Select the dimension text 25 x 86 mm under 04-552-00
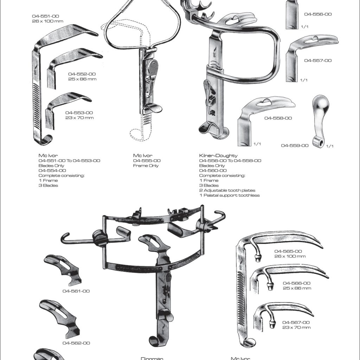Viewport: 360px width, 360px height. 82,79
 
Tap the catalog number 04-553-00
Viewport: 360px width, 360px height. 79,112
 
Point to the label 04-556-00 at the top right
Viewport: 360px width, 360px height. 318,14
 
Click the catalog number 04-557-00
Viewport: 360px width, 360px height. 318,60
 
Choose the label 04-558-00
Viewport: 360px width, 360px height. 278,118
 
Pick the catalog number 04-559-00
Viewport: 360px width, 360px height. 295,145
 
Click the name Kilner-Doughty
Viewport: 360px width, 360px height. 218,155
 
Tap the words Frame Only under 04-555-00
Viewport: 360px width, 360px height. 146,166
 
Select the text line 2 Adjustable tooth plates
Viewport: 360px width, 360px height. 227,190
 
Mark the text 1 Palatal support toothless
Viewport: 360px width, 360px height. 229,195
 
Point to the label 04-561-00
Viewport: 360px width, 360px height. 76,291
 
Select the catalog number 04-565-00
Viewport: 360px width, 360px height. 288,251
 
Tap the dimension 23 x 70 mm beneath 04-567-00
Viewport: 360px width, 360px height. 296,327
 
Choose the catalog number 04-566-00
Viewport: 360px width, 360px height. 296,283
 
